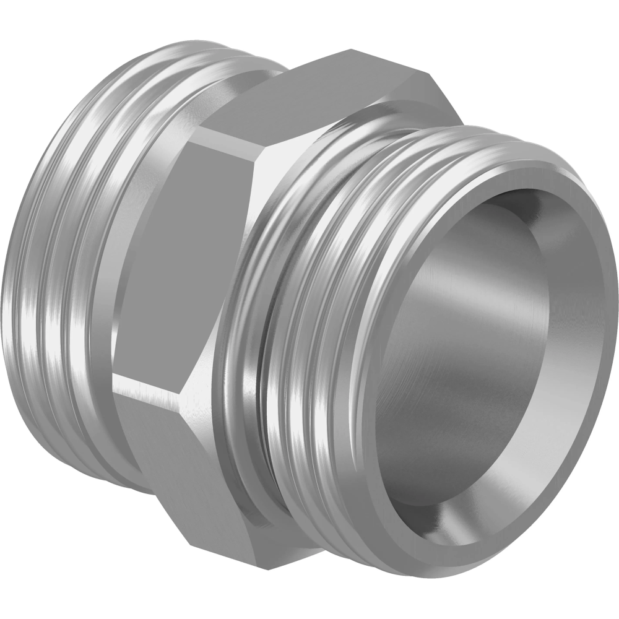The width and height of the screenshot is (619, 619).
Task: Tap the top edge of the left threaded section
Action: (x=173, y=46)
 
